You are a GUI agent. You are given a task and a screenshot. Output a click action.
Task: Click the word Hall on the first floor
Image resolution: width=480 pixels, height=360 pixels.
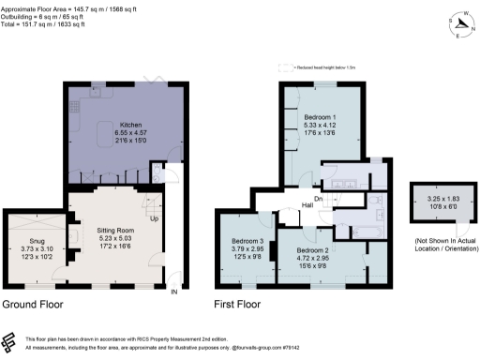coord(307,205)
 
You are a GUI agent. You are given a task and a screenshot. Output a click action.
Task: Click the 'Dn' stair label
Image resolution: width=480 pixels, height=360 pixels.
coord(318,198)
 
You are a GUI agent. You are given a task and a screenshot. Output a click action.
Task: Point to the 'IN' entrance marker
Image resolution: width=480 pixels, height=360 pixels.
coord(172,292)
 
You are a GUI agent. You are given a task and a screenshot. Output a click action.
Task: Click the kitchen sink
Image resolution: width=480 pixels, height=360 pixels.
coord(97,94)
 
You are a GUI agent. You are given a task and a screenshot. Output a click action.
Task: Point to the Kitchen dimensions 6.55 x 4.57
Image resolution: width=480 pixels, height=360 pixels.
coord(130,133)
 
